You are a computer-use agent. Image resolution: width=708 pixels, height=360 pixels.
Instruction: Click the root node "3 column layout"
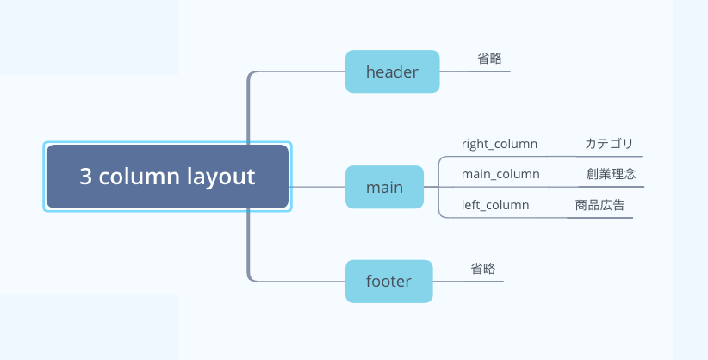tap(167, 177)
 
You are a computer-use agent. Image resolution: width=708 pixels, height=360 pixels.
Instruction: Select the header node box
tap(393, 71)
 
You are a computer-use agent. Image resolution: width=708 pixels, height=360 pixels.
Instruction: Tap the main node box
tap(384, 187)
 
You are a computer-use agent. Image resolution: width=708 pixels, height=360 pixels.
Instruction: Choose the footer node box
tap(388, 281)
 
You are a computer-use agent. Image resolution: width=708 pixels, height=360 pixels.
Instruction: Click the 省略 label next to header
tap(489, 59)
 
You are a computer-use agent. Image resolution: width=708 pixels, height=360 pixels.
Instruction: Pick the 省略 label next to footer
tap(482, 269)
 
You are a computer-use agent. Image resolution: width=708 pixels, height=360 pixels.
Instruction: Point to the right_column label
tap(500, 144)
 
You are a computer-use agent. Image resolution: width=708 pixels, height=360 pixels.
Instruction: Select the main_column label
tap(500, 174)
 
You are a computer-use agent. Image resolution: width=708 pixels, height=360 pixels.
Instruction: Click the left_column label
tap(495, 205)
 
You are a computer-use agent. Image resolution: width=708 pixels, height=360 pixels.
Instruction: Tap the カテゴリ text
tap(609, 144)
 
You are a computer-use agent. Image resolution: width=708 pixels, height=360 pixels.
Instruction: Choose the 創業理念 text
tap(611, 173)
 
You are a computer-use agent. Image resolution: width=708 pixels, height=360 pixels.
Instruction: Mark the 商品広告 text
tap(599, 205)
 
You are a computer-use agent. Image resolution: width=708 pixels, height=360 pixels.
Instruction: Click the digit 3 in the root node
tap(85, 177)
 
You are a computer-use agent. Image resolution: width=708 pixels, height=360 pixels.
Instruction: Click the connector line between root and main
tap(317, 187)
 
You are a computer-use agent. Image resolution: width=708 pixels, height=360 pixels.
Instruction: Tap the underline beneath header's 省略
tap(489, 71)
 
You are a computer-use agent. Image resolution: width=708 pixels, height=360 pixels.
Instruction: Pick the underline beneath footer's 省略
tap(482, 282)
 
